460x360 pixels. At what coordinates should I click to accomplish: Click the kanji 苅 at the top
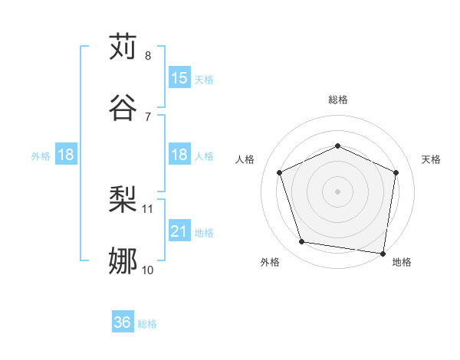(x=123, y=47)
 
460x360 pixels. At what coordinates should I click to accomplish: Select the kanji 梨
(x=123, y=201)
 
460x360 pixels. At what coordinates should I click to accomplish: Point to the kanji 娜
(x=123, y=260)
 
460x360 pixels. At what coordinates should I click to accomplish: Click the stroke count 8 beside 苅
(x=148, y=56)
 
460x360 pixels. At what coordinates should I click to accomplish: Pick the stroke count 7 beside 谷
(x=148, y=116)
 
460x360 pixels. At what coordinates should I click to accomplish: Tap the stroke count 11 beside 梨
(x=148, y=208)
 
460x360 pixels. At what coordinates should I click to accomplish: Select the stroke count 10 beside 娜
(x=148, y=270)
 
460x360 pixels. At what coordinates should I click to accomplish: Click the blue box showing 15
(x=179, y=78)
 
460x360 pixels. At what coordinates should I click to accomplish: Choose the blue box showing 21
(x=179, y=231)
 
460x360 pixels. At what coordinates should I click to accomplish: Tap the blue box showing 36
(x=123, y=323)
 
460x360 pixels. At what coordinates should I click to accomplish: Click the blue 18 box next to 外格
(x=66, y=155)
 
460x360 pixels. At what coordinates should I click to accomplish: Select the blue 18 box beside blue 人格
(x=179, y=155)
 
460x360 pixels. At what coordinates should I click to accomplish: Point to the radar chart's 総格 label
(x=338, y=100)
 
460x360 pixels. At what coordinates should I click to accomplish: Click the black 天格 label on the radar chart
(x=432, y=159)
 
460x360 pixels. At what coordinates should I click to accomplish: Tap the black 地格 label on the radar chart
(x=402, y=262)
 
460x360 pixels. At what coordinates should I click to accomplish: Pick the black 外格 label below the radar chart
(x=270, y=262)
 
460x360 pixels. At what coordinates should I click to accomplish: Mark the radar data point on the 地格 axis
(x=383, y=253)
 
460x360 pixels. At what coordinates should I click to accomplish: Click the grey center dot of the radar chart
(x=338, y=191)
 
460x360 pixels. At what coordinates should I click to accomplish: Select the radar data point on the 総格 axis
(x=338, y=146)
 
